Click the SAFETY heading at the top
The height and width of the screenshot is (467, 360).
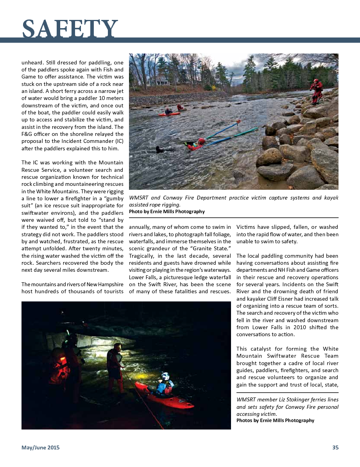(x=70, y=29)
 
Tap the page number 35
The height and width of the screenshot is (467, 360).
(x=335, y=448)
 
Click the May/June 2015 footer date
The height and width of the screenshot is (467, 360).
(x=41, y=448)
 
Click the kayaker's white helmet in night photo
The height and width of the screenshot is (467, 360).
(x=165, y=376)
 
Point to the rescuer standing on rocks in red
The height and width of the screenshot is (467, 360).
(x=316, y=91)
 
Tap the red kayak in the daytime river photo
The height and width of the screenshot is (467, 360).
(x=169, y=114)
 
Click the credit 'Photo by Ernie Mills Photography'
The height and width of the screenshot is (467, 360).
(x=167, y=212)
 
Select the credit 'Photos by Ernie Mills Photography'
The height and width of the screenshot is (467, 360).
(x=275, y=421)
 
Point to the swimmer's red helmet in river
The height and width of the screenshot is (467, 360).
(x=201, y=141)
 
